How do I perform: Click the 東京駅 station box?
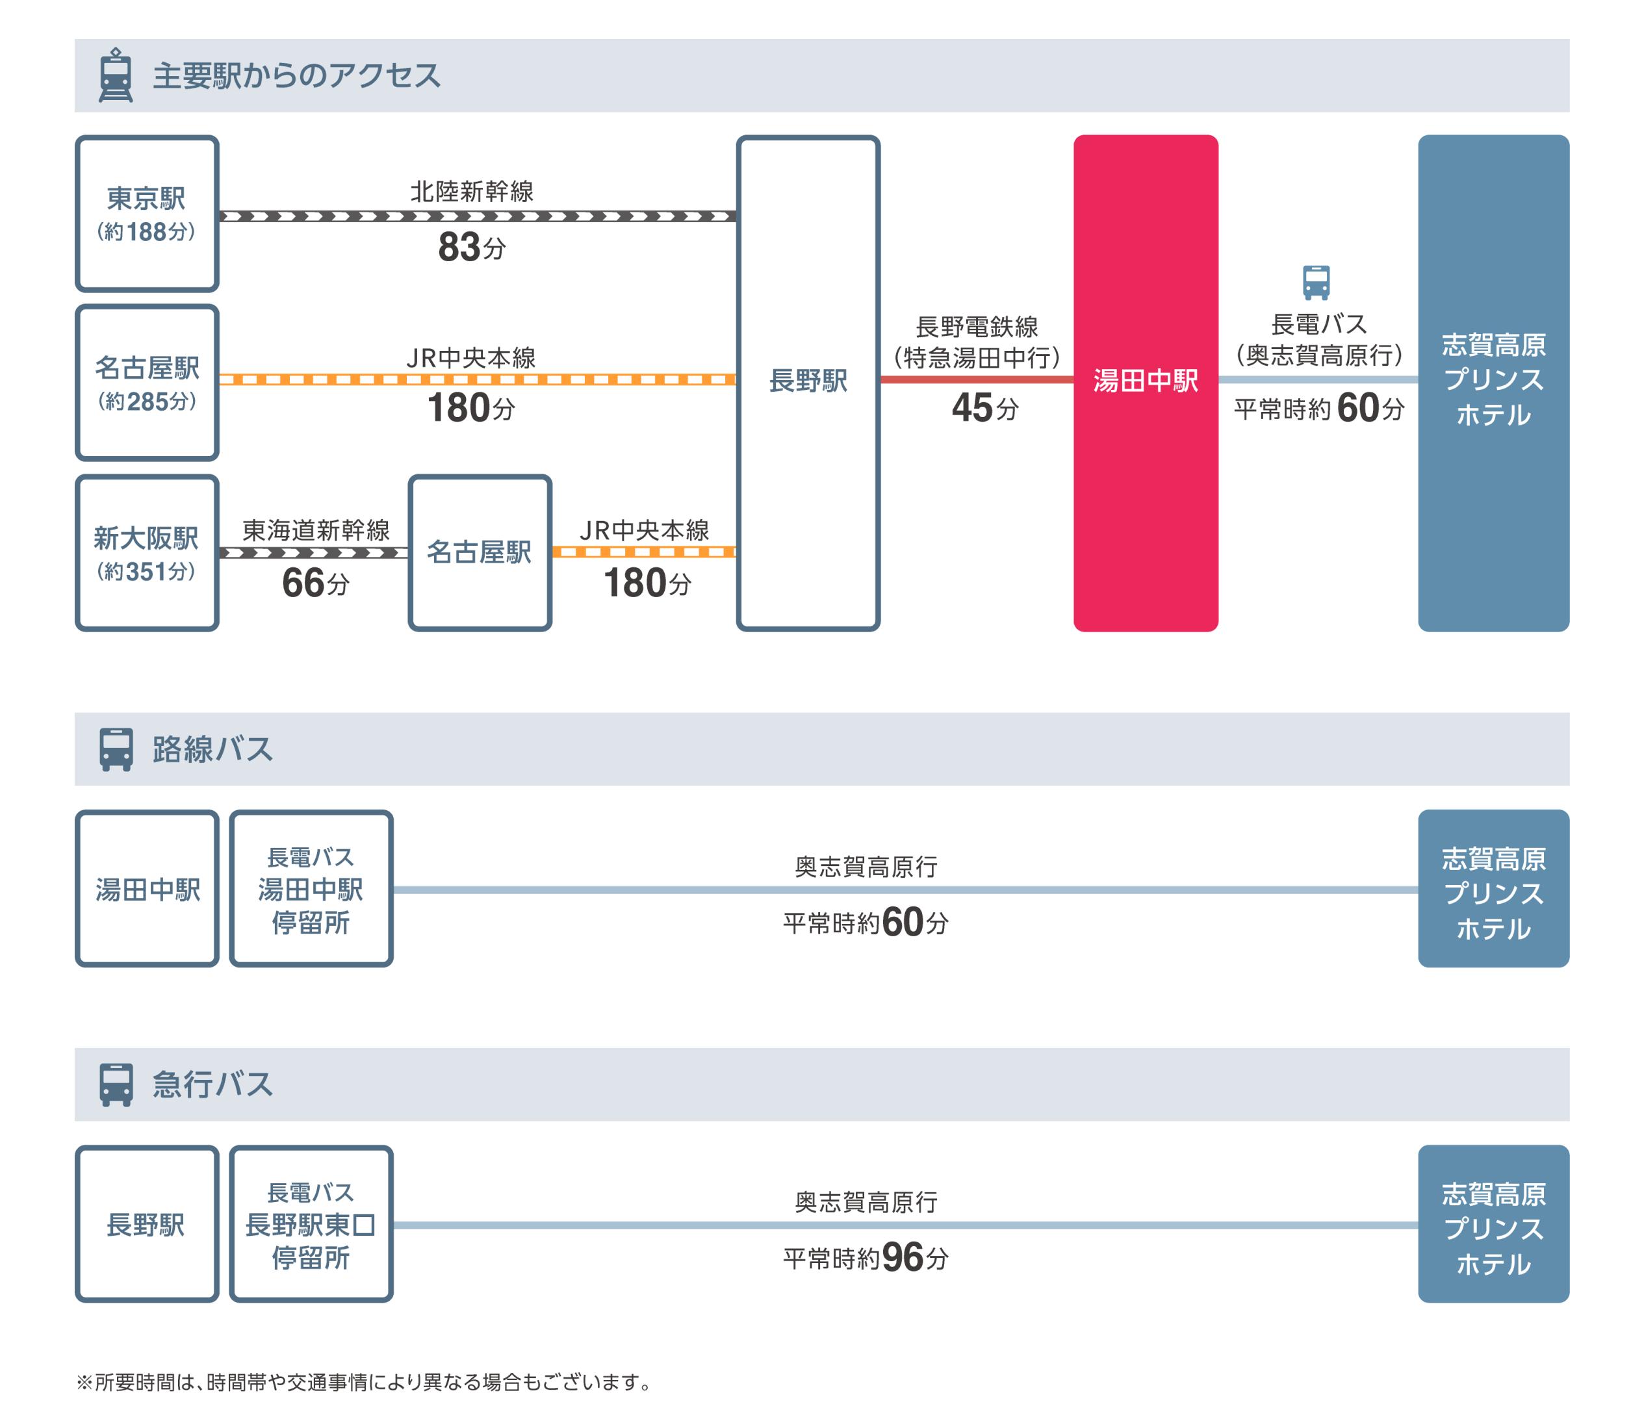pos(147,213)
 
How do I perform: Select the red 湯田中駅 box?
pos(1145,383)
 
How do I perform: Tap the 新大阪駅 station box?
pos(147,553)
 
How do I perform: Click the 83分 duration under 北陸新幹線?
pos(471,248)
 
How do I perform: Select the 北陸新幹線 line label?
pos(471,192)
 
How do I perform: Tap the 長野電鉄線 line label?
pos(977,327)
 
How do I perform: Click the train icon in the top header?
pos(116,75)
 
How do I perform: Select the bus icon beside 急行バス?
pos(116,1084)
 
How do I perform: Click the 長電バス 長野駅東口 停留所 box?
pos(311,1225)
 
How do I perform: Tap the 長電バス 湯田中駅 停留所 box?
pos(311,889)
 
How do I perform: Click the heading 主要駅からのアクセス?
pos(296,76)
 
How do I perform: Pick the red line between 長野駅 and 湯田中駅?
pos(976,380)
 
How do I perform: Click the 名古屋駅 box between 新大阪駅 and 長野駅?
pos(480,553)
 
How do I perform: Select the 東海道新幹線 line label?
pos(315,531)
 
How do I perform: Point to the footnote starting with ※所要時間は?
pos(363,1383)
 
